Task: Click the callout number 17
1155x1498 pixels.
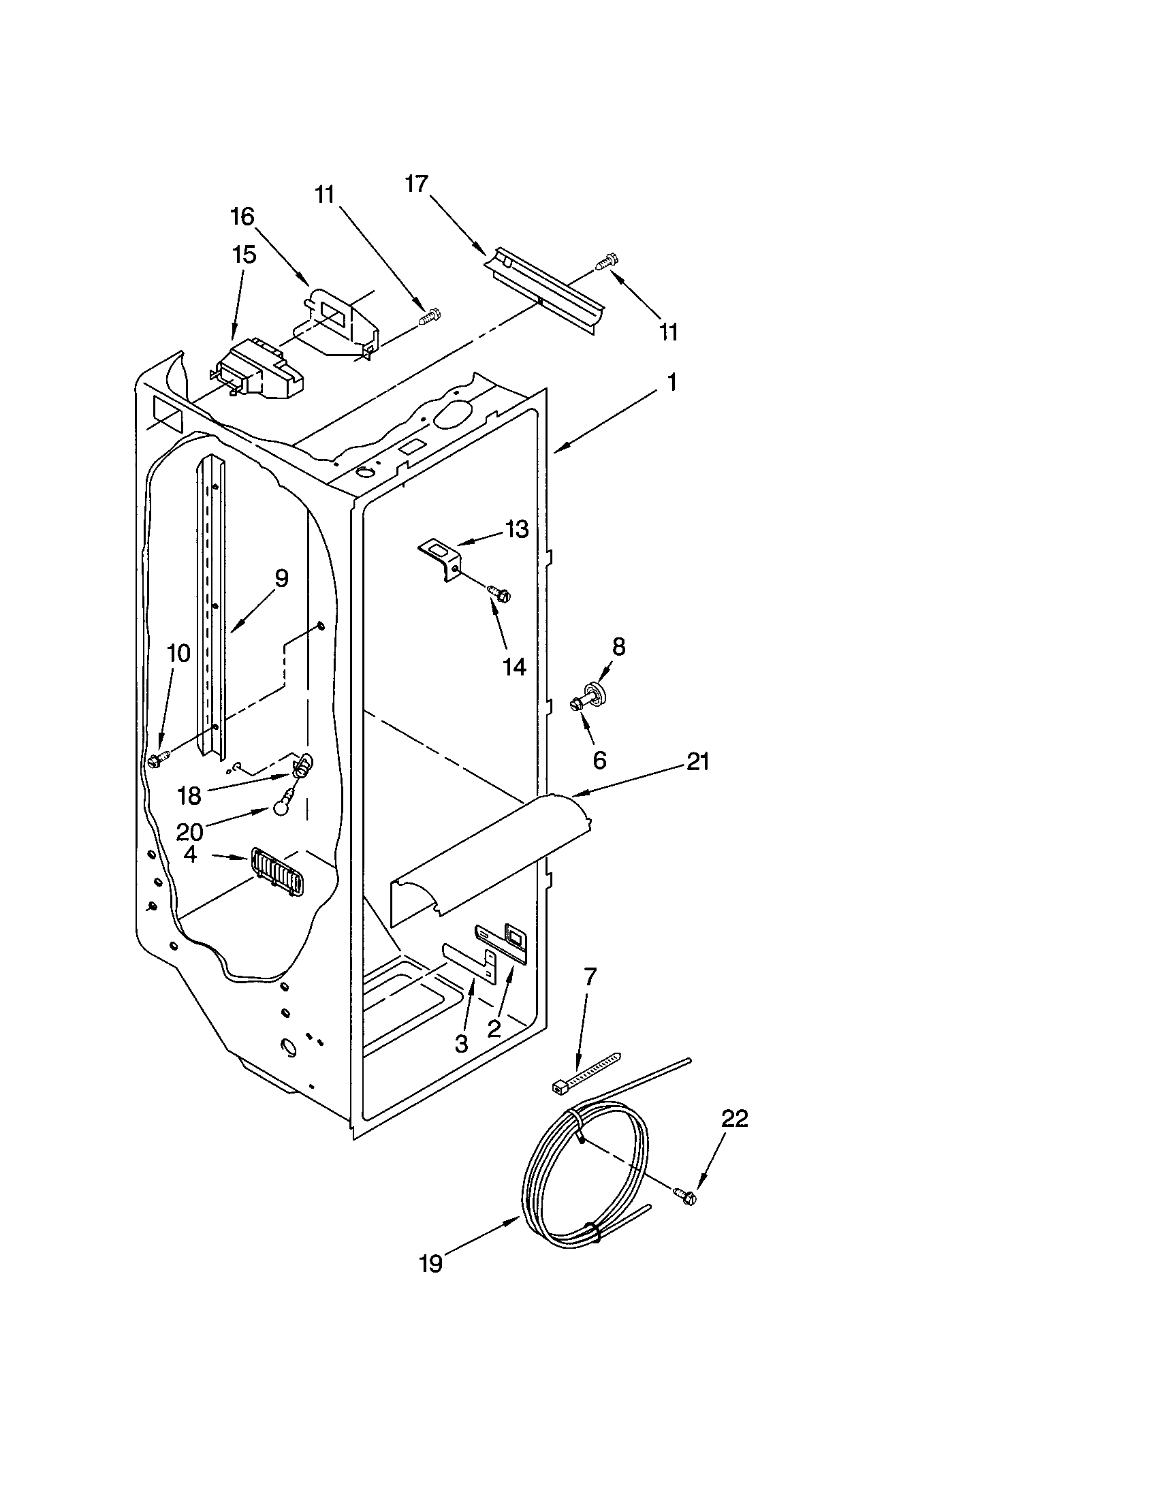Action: tap(416, 185)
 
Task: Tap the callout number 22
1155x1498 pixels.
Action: tap(734, 1119)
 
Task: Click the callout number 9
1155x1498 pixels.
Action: tap(281, 578)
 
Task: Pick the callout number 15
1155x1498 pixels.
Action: tap(244, 255)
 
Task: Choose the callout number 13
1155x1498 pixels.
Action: tap(518, 529)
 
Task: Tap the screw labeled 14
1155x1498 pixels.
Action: tap(499, 593)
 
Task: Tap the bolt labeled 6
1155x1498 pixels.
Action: tap(577, 703)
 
